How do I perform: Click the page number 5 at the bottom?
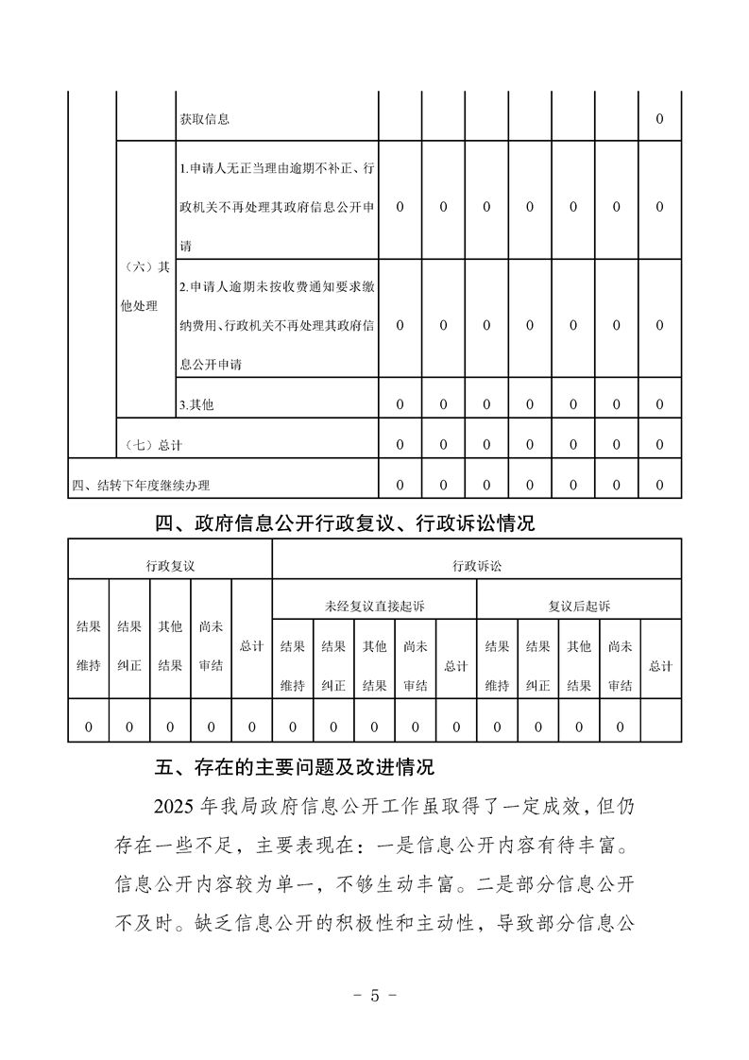coord(374,995)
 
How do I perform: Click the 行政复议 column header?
coord(170,565)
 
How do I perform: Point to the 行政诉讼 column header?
coord(476,565)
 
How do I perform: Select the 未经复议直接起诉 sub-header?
coord(374,606)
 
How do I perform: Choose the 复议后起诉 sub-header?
coord(579,606)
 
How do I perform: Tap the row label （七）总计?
coord(154,445)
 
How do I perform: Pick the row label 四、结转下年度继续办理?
coord(141,486)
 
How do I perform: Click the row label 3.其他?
coord(196,404)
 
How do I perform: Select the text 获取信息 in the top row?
coord(204,119)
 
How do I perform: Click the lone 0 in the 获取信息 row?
coord(659,119)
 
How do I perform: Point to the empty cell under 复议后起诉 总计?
coord(660,727)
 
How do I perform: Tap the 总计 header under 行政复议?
coord(251,646)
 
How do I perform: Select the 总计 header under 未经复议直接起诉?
coord(456,666)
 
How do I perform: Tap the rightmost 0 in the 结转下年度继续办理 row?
coord(659,486)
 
